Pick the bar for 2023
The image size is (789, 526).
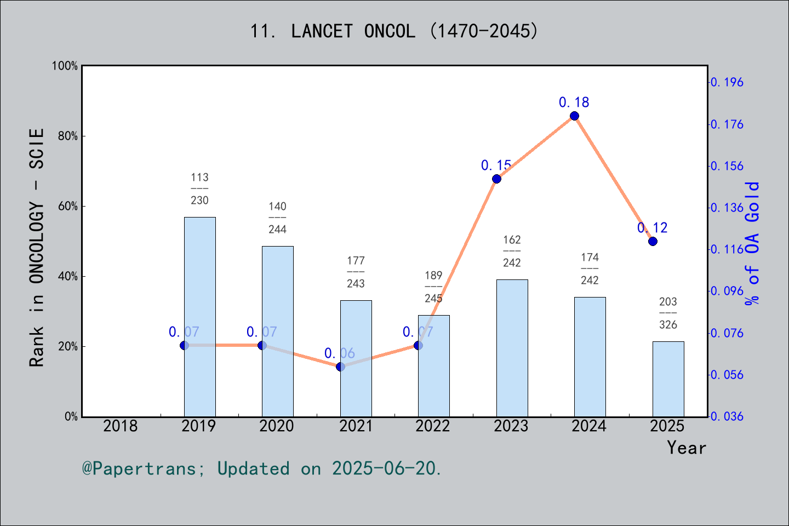pyautogui.click(x=512, y=348)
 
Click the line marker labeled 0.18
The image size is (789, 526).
pyautogui.click(x=574, y=116)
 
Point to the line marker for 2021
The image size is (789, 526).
pyautogui.click(x=340, y=367)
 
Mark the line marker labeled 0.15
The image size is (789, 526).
pyautogui.click(x=496, y=179)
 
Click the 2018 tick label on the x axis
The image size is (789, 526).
pyautogui.click(x=121, y=426)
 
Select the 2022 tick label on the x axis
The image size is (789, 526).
pyautogui.click(x=433, y=426)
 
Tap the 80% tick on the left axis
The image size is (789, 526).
pyautogui.click(x=68, y=136)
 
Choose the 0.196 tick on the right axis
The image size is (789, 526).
pyautogui.click(x=727, y=82)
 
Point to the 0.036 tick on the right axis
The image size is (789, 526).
pyautogui.click(x=727, y=416)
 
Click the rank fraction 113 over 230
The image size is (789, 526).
pyautogui.click(x=199, y=188)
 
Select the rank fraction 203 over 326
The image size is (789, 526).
pyautogui.click(x=668, y=313)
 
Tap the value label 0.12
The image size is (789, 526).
pyautogui.click(x=653, y=227)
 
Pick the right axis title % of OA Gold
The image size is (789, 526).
pyautogui.click(x=752, y=243)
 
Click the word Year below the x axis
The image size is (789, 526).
pyautogui.click(x=687, y=448)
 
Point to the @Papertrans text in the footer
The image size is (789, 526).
pyautogui.click(x=139, y=468)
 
